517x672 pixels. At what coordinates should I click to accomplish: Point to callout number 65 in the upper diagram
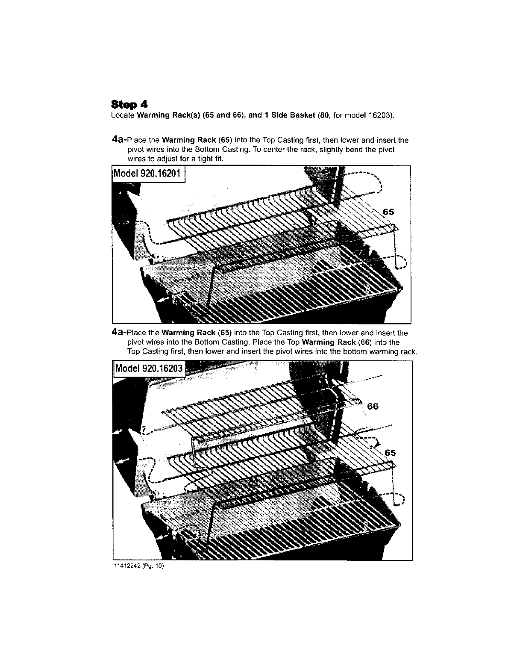pyautogui.click(x=388, y=212)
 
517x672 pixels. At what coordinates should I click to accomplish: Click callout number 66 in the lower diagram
pyautogui.click(x=373, y=406)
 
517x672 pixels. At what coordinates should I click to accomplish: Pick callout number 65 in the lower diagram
pyautogui.click(x=391, y=453)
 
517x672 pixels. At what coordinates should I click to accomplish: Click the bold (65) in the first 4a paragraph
pyautogui.click(x=224, y=140)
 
